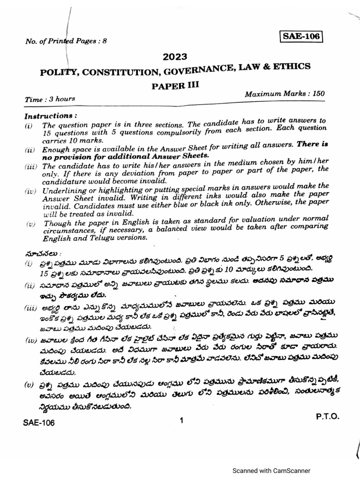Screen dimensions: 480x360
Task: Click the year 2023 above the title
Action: (x=175, y=57)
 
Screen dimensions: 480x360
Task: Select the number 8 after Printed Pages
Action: (x=105, y=41)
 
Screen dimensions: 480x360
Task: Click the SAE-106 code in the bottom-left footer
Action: (x=39, y=423)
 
